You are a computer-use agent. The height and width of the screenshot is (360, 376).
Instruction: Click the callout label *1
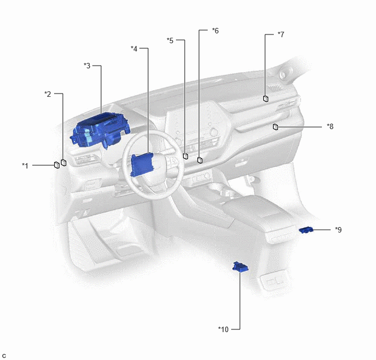25,166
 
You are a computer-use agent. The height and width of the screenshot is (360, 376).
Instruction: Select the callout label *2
48,94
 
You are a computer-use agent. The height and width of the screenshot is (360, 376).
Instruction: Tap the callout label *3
87,66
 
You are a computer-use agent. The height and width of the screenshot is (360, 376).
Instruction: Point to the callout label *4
134,49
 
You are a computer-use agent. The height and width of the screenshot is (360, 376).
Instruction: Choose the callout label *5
170,40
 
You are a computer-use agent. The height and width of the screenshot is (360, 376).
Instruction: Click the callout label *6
215,31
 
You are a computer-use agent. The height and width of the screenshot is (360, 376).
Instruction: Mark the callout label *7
281,34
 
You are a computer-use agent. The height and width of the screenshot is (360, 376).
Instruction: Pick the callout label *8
330,126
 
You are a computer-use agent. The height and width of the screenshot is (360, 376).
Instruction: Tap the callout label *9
338,230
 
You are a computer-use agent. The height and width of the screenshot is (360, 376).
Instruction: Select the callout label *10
223,329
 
